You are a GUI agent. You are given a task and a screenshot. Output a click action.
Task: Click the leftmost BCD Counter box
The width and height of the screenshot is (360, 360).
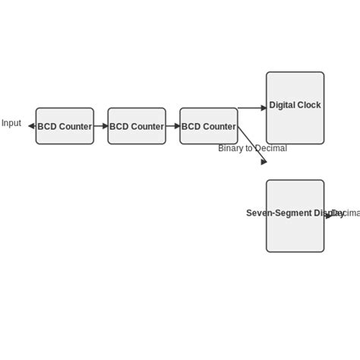65,126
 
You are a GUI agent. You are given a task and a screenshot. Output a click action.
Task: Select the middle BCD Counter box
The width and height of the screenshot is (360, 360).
137,126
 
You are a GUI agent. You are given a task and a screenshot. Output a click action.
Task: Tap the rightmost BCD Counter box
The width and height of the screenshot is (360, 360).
208,126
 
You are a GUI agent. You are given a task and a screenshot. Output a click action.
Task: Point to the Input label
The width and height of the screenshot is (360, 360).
11,123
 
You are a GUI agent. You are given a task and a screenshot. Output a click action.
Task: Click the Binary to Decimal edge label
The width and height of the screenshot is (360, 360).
252,148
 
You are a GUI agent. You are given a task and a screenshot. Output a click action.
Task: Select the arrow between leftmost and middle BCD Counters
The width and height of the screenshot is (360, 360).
101,126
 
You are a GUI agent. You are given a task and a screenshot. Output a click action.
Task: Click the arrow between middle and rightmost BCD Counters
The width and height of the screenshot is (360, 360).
173,126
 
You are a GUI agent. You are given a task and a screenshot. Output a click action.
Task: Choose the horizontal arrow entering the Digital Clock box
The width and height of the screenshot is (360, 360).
252,108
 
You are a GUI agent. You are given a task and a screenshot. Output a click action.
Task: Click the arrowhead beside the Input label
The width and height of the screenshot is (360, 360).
31,126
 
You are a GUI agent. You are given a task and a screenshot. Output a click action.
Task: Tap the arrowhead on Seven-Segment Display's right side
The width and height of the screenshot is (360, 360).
328,216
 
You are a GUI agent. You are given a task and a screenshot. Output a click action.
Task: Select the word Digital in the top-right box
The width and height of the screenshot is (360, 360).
281,106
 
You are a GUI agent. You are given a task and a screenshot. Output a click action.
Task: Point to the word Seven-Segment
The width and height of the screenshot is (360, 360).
269,213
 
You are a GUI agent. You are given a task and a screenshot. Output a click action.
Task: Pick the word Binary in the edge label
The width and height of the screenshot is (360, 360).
231,148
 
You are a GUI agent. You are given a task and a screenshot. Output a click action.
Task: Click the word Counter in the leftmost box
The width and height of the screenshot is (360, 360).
76,127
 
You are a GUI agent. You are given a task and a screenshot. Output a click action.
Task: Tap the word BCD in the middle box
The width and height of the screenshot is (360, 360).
118,127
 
